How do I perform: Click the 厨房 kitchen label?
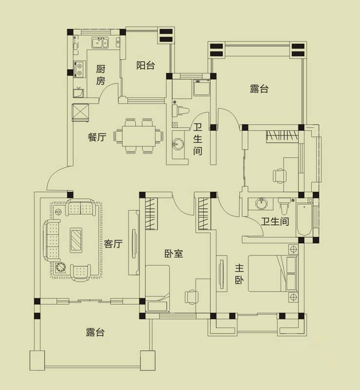100,75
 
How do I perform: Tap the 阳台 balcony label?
145,65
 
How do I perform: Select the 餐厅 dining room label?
97,137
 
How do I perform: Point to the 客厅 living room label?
113,244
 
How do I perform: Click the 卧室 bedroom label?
173,253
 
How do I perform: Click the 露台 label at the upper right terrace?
259,89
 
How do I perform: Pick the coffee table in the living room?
76,239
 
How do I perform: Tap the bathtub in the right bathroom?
304,219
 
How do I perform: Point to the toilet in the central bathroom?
182,111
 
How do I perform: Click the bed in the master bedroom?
266,273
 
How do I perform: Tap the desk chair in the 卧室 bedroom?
191,297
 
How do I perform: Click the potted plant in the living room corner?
60,268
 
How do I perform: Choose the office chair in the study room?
280,175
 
